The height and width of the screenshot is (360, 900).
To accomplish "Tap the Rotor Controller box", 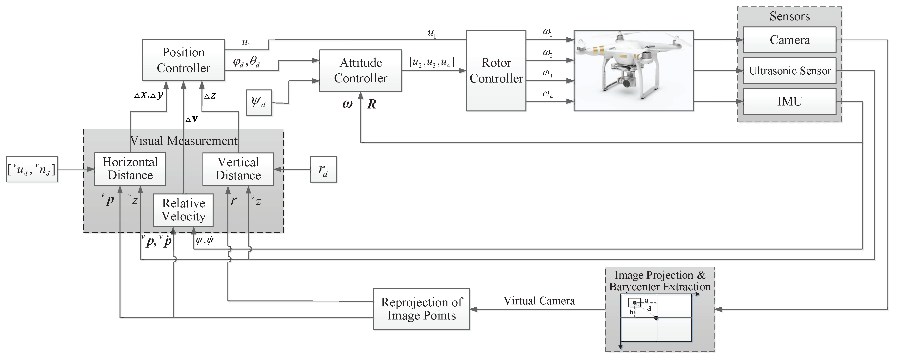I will [496, 71].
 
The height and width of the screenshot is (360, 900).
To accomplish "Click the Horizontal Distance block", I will [130, 169].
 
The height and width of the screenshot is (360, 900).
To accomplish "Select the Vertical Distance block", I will [238, 169].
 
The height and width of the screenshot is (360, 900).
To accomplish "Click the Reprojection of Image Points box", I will [421, 309].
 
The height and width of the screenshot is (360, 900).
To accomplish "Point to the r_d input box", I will [323, 169].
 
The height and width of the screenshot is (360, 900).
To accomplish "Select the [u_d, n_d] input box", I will [32, 169].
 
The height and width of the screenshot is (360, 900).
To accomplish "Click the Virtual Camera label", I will [539, 301].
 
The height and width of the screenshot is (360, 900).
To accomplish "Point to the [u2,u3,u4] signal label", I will [432, 62].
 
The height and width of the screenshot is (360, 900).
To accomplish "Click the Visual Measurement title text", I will [184, 141].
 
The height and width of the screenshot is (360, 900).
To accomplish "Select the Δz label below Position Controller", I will [210, 95].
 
